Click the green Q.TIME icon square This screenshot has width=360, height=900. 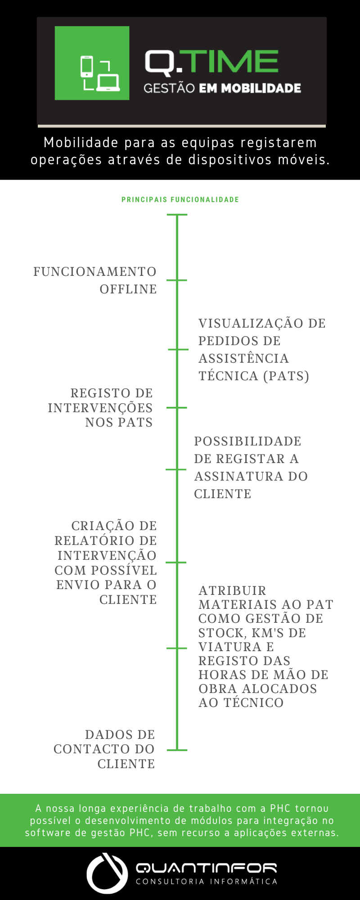coord(92,63)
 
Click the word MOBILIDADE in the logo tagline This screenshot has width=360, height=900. coord(261,88)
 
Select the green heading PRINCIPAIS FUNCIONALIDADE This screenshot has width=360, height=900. coord(180,200)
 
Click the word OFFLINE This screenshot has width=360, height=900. coord(128,289)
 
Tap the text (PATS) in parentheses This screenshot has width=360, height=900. coord(286,376)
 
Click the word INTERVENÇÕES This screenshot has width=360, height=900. coord(100,408)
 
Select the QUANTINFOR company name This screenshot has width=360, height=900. coord(207,868)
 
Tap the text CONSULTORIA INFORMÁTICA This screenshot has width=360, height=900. coord(207,882)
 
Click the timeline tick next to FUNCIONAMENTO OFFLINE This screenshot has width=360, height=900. coord(177,280)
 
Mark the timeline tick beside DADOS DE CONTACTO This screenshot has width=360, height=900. coord(177,750)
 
